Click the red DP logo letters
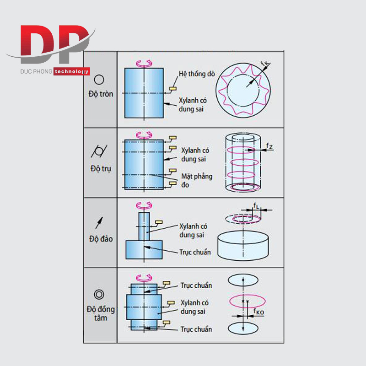[x=55, y=44]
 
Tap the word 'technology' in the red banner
[x=72, y=72]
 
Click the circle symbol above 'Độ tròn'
[x=99, y=80]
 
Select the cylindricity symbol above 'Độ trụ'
[x=99, y=151]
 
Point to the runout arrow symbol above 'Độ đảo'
[x=99, y=223]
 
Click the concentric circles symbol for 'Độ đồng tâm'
[x=99, y=294]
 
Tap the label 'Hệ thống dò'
[x=197, y=74]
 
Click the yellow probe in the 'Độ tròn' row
[x=173, y=88]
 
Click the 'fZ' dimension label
[x=269, y=146]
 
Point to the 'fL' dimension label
[x=256, y=205]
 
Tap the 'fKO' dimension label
[x=259, y=312]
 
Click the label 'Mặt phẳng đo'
[x=197, y=180]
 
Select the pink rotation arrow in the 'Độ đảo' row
[x=144, y=205]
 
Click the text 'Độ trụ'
[x=101, y=168]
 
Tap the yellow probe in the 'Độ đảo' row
[x=159, y=222]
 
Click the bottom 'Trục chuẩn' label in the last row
[x=196, y=329]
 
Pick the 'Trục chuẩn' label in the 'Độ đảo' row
[x=195, y=252]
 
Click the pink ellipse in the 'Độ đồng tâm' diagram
[x=248, y=301]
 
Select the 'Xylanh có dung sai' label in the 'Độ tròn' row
[x=193, y=105]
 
